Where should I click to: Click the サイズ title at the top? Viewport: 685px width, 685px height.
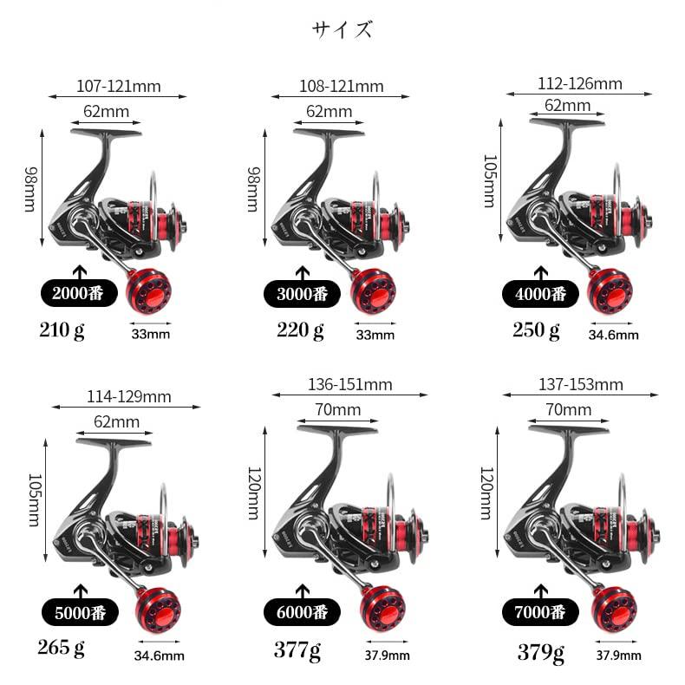pyautogui.click(x=342, y=29)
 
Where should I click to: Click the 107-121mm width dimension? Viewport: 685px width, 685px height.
pyautogui.click(x=119, y=87)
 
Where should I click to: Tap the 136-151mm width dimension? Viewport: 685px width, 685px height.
pyautogui.click(x=350, y=384)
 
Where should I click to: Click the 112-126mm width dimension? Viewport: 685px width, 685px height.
pyautogui.click(x=580, y=84)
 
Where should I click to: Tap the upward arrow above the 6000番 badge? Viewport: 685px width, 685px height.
pyautogui.click(x=303, y=591)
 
